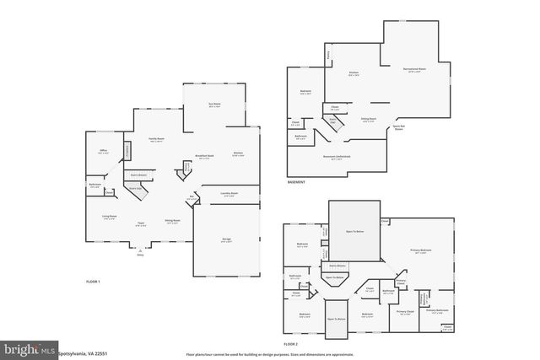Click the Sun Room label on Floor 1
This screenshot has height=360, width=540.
point(213,105)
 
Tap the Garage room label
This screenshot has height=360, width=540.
point(227,240)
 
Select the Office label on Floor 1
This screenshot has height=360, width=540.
point(105,152)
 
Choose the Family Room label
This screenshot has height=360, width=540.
point(156,139)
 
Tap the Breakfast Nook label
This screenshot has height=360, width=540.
point(202,157)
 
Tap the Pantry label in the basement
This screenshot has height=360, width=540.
point(328,56)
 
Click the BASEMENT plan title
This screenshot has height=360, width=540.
point(296,183)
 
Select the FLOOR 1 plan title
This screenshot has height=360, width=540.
point(94,280)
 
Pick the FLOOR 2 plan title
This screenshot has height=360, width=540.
point(291,345)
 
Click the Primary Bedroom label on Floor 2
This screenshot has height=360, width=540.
point(422,250)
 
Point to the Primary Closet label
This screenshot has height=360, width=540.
point(406,311)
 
